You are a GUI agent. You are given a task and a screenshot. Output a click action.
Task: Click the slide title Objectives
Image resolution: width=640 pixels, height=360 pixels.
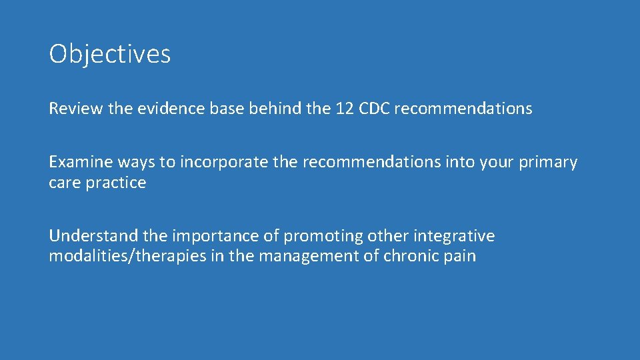[x=110, y=54]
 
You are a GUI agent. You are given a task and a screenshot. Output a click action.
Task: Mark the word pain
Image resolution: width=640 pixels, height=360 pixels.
[x=461, y=257]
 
